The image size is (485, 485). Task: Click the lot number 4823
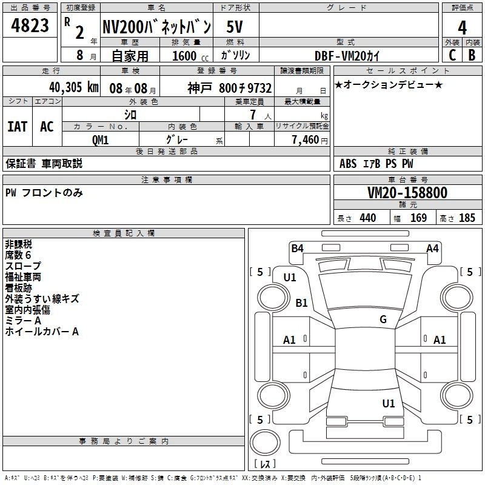(x=30, y=25)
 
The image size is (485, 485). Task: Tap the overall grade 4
(x=462, y=27)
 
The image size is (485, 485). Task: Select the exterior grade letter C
(x=452, y=55)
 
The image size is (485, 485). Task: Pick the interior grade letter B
(x=472, y=55)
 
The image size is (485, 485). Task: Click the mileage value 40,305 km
(x=74, y=87)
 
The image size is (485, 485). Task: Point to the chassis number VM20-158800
(x=407, y=192)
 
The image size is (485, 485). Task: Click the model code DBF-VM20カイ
(x=347, y=56)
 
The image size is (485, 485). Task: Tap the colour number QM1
(x=100, y=140)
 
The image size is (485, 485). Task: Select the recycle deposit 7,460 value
(x=306, y=140)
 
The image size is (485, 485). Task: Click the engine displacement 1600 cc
(x=190, y=56)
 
